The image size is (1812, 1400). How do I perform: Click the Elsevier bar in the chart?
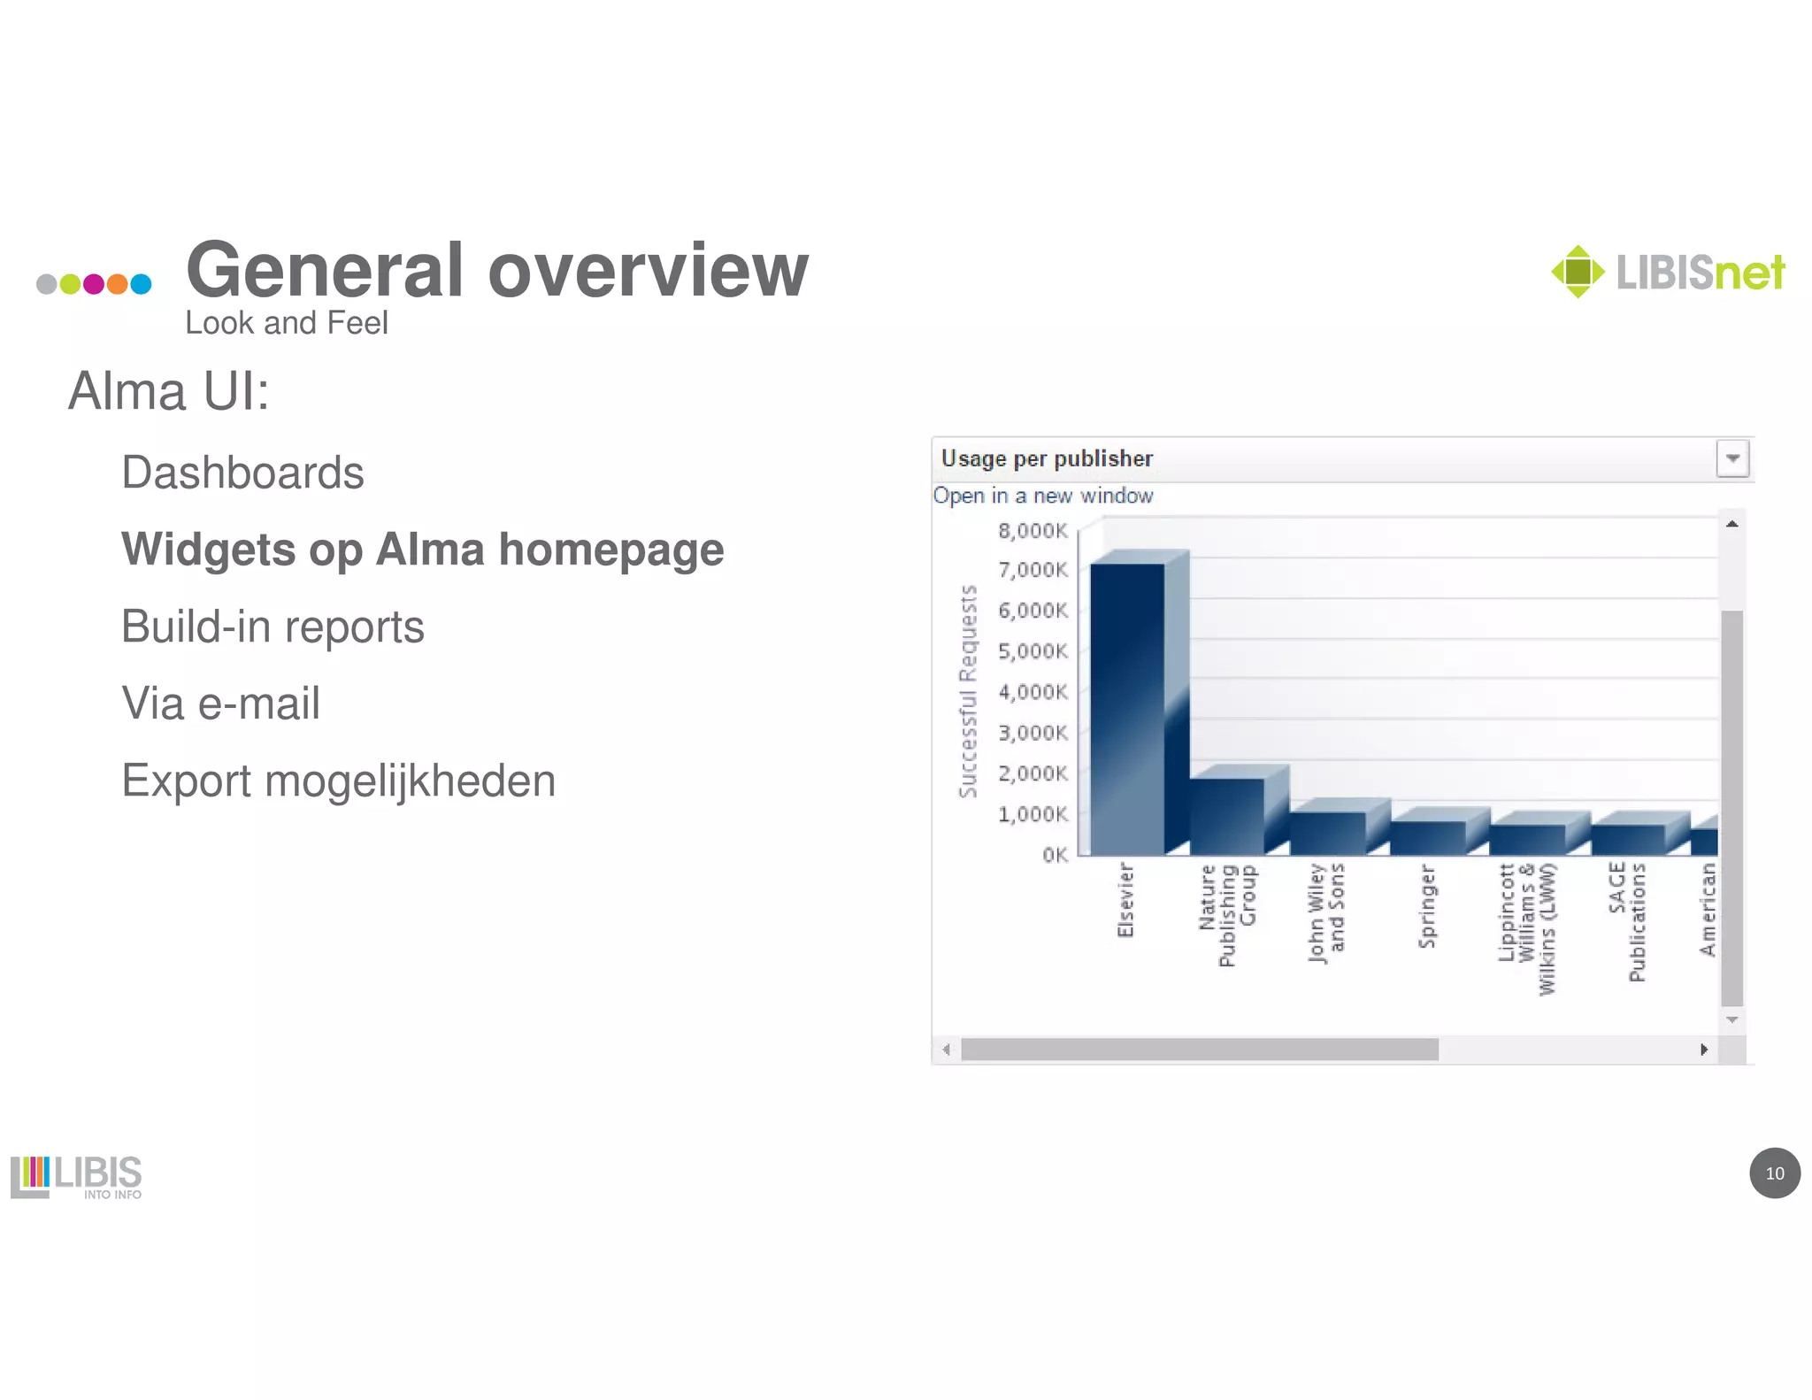point(1127,708)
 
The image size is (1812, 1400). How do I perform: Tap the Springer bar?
point(1427,837)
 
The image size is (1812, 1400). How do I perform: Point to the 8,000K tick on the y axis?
point(1033,530)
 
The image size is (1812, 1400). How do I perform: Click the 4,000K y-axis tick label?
point(1033,692)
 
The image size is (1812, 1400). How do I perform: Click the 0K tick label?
point(1055,855)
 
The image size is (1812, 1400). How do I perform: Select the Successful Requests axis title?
point(968,691)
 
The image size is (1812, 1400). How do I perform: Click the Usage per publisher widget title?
point(1047,458)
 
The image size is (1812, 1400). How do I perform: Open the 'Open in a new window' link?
point(1043,496)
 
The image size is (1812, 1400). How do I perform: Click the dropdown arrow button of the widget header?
point(1732,458)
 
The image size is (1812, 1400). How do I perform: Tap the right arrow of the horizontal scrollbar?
point(1704,1050)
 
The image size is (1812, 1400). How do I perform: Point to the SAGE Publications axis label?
point(1627,922)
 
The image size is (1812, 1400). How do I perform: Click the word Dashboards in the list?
point(242,473)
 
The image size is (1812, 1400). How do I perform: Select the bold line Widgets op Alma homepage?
point(422,550)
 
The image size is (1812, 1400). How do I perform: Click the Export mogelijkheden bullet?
point(338,781)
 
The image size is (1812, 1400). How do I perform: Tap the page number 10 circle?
point(1774,1173)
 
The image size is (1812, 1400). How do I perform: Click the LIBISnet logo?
point(1668,272)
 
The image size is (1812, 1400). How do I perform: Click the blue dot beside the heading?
point(142,284)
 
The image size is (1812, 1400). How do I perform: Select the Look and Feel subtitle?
point(286,323)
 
